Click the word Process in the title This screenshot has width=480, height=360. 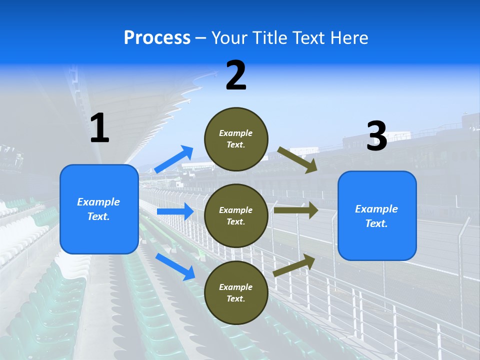pyautogui.click(x=157, y=38)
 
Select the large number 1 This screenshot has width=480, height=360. pyautogui.click(x=99, y=128)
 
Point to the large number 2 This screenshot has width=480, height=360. pyautogui.click(x=236, y=75)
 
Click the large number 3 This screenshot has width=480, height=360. pyautogui.click(x=376, y=136)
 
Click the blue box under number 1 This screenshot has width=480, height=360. pyautogui.click(x=99, y=209)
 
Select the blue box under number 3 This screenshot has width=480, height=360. pyautogui.click(x=377, y=216)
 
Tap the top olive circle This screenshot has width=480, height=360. pyautogui.click(x=236, y=139)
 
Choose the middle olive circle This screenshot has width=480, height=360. pyautogui.click(x=236, y=216)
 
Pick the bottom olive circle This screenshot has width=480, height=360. pyautogui.click(x=236, y=293)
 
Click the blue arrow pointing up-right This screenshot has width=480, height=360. pyautogui.click(x=174, y=159)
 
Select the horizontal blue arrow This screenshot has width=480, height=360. pyautogui.click(x=175, y=211)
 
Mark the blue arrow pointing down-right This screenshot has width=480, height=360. pyautogui.click(x=175, y=266)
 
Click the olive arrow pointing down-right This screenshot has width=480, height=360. pyautogui.click(x=297, y=159)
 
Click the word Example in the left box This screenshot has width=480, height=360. pyautogui.click(x=98, y=202)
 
